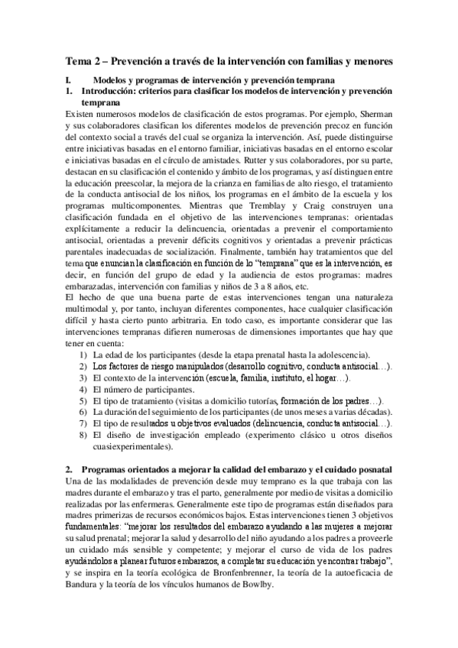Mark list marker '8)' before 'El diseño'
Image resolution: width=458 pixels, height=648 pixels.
pos(85,435)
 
